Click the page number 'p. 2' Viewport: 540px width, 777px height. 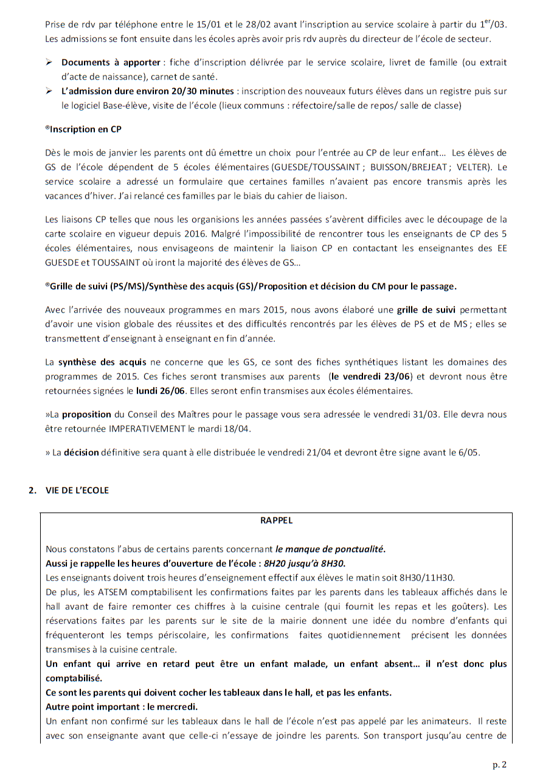499,764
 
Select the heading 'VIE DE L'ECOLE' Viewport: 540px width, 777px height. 77,490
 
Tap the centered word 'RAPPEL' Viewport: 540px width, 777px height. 276,520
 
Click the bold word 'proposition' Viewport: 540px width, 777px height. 86,415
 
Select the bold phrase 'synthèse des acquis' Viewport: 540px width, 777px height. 95,363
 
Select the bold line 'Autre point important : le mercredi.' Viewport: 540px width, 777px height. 122,707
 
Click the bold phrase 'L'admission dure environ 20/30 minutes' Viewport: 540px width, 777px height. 148,91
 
